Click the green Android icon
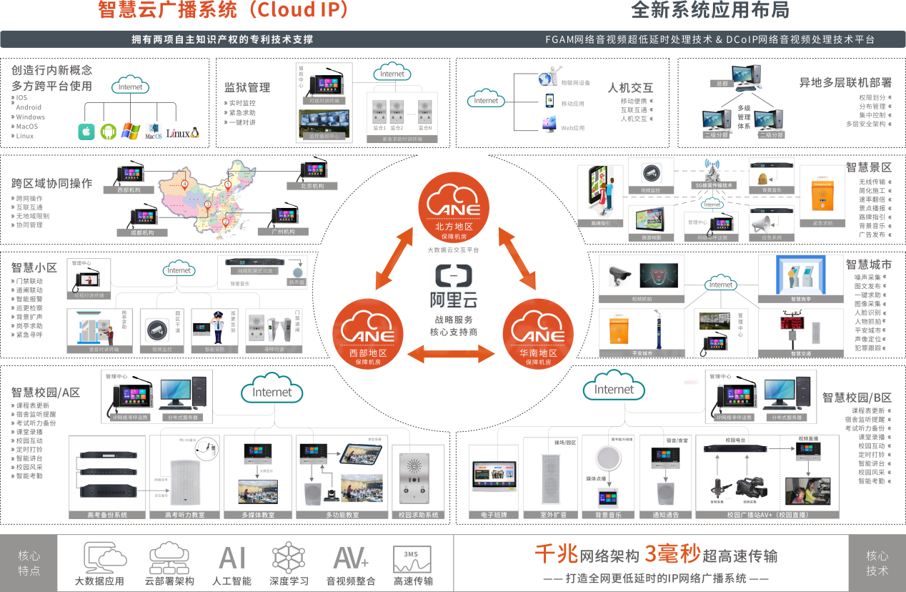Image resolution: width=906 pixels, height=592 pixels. point(108,132)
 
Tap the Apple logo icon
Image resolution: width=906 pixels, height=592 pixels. point(86,132)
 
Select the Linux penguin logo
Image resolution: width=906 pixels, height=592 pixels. point(183,133)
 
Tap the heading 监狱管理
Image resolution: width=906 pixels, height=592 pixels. point(247,88)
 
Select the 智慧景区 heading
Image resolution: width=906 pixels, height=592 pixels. point(869,167)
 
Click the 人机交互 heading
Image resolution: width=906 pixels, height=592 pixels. point(630,89)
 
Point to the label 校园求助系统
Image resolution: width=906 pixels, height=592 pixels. point(418,515)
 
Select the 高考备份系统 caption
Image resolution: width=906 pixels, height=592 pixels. point(107,515)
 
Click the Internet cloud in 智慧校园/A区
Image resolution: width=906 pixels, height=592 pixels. point(272,392)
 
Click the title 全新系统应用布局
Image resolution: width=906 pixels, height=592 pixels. point(710,10)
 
